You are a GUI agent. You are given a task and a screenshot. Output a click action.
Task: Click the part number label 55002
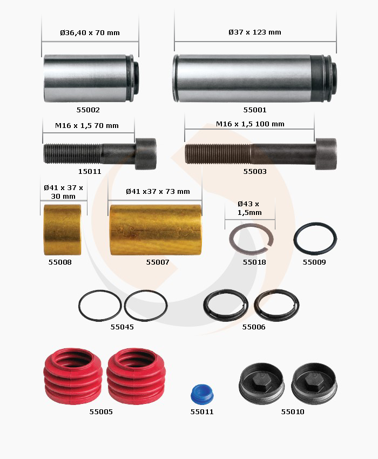pos(88,110)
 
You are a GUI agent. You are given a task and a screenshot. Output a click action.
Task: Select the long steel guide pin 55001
pos(254,78)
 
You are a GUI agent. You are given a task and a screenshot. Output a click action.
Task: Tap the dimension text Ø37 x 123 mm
pos(255,32)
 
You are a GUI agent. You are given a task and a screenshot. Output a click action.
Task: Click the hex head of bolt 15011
pos(145,154)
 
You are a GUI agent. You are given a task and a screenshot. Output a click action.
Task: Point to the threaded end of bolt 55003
pos(218,154)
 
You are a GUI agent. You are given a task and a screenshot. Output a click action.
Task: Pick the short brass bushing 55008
pos(62,230)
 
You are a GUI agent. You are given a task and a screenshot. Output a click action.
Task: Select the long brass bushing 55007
pos(156,230)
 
